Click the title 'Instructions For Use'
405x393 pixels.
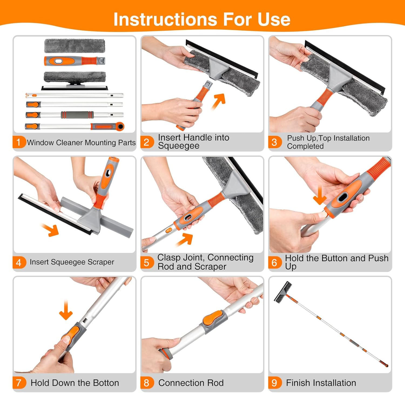[x=202, y=19]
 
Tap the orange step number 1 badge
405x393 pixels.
[x=19, y=142]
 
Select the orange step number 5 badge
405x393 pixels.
[x=147, y=262]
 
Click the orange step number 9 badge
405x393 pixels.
[x=274, y=382]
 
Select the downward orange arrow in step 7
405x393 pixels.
[x=66, y=310]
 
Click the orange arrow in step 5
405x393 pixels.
[x=185, y=239]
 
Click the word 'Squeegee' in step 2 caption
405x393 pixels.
[x=179, y=146]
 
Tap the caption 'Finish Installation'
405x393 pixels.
[x=321, y=383]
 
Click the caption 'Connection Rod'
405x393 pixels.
[x=191, y=383]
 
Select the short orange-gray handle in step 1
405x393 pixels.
[x=75, y=61]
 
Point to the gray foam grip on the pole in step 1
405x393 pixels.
[x=77, y=115]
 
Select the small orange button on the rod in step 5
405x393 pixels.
[x=169, y=230]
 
